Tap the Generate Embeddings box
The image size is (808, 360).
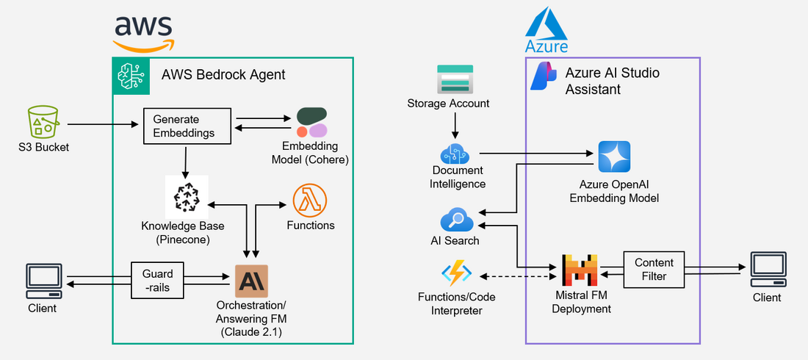[187, 126]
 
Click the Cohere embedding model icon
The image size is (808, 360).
[312, 122]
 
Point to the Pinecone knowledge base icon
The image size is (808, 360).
[187, 196]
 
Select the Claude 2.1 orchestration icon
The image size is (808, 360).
[251, 281]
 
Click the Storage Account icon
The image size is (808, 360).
[455, 79]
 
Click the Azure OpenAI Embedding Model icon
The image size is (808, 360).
[614, 157]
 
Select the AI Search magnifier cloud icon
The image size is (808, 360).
[455, 220]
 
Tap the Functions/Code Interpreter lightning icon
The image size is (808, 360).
[455, 274]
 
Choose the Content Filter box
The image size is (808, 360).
[654, 270]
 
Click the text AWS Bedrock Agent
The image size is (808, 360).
[223, 74]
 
